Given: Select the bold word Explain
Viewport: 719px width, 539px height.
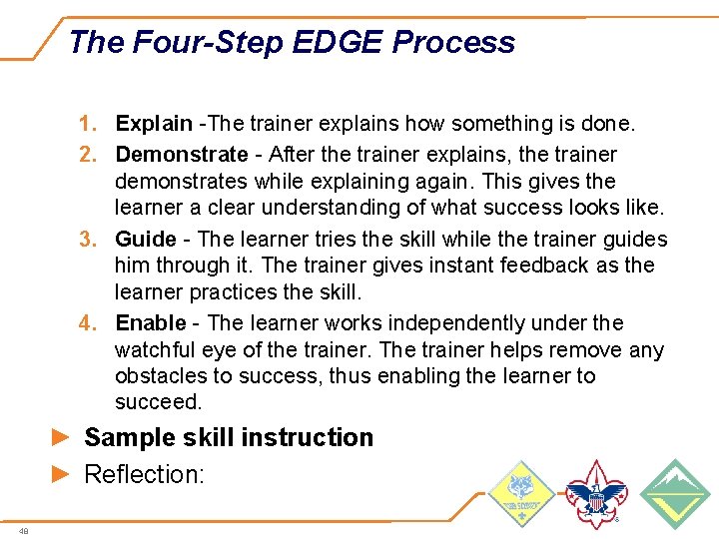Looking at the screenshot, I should (154, 124).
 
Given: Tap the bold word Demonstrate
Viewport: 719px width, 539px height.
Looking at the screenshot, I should (181, 155).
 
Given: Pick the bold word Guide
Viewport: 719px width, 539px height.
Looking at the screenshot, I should (145, 240).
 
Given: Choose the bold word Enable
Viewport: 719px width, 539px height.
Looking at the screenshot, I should (151, 323).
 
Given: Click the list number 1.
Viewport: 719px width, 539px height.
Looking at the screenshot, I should (88, 124).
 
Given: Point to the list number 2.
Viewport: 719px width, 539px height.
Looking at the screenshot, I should (88, 155).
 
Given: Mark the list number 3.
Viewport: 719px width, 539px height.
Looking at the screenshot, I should (88, 240).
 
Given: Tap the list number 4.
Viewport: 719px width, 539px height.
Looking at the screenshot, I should (88, 323).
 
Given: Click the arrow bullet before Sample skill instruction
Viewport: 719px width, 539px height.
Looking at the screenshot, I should (61, 438).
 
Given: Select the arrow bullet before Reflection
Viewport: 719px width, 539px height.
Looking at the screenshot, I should (61, 474).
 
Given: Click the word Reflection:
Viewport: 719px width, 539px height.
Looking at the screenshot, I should (144, 474).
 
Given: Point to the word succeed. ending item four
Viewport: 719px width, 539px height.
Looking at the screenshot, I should (158, 402).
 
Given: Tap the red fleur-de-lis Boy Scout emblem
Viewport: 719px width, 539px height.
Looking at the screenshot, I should (596, 494).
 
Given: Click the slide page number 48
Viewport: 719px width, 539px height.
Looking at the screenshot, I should (23, 531).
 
